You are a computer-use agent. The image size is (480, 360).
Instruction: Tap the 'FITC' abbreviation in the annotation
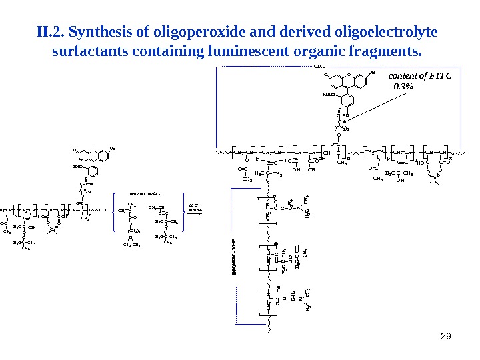click(439, 75)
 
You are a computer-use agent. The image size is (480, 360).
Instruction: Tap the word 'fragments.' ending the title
click(391, 51)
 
